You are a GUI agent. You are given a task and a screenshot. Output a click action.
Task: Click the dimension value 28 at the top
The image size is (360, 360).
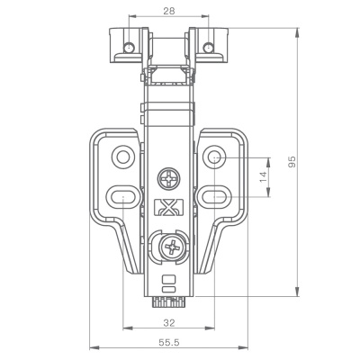(169, 11)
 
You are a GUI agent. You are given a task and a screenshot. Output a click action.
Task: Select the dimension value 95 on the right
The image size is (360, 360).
(292, 162)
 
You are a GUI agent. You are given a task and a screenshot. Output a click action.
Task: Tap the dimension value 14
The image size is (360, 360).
(263, 176)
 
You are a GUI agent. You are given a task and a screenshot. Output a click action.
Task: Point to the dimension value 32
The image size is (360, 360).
(169, 323)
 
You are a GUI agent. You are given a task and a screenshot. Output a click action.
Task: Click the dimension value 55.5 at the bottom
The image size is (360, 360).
(169, 342)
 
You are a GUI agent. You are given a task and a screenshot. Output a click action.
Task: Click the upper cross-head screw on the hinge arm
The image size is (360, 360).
(169, 179)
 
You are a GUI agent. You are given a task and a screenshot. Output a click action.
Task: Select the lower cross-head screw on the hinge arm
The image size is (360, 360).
(173, 247)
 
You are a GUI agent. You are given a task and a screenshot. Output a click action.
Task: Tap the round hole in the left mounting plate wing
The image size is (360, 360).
(123, 157)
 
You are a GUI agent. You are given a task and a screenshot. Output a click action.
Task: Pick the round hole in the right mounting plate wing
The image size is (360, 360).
(214, 157)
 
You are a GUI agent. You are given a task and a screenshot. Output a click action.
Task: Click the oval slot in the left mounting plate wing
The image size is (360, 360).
(124, 197)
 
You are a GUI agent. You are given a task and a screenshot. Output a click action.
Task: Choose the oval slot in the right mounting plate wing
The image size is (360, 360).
(214, 197)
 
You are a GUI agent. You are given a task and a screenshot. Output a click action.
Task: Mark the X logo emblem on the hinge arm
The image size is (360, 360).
(168, 208)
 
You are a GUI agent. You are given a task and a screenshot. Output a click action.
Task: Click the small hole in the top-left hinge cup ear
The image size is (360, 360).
(130, 48)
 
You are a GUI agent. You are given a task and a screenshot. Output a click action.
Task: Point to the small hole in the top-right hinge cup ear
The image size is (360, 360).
(208, 48)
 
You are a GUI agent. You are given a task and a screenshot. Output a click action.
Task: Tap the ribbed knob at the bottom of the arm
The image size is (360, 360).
(168, 302)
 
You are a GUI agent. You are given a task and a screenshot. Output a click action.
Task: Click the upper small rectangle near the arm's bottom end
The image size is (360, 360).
(168, 280)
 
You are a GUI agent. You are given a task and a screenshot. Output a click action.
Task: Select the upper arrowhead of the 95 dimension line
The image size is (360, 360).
(297, 32)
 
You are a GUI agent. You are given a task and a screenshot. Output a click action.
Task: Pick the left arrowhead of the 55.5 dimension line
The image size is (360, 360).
(94, 347)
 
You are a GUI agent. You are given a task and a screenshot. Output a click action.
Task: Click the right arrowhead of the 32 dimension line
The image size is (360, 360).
(210, 328)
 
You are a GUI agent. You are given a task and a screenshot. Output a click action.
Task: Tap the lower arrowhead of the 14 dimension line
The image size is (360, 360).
(268, 193)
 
